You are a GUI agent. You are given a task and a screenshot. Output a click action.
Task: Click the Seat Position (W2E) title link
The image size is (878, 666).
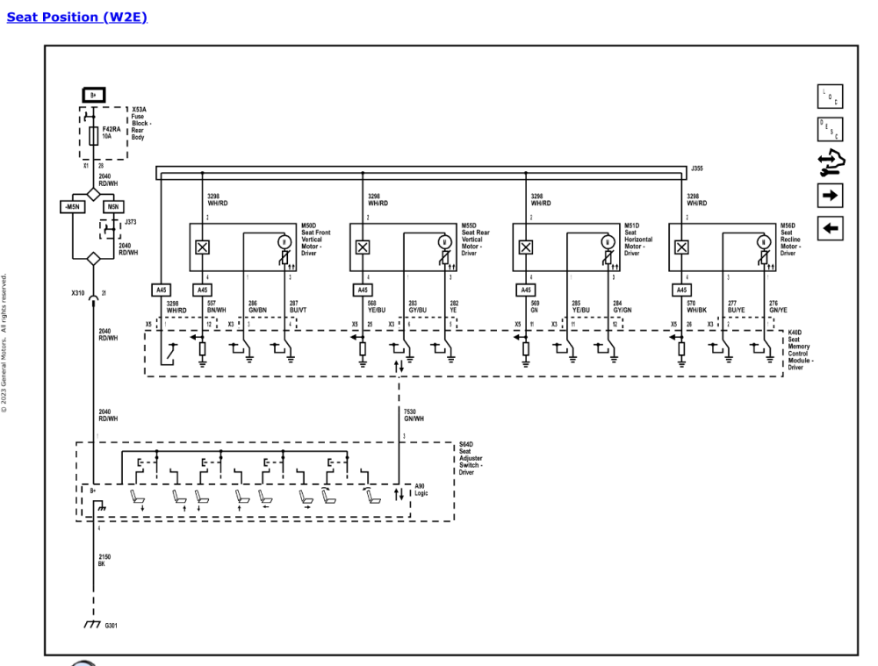click(x=76, y=17)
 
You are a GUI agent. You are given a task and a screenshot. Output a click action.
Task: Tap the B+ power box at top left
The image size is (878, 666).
click(x=94, y=94)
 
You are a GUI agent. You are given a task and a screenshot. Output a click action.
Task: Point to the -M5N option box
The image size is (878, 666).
click(x=73, y=207)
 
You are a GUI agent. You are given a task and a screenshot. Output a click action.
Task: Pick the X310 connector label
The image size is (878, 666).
click(x=78, y=293)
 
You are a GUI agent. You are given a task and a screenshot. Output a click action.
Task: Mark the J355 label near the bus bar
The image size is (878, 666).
click(x=697, y=168)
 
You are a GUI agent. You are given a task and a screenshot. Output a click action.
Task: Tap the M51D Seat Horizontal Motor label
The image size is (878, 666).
click(x=638, y=239)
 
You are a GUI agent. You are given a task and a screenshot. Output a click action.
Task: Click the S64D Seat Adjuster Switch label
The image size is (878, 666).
click(x=471, y=458)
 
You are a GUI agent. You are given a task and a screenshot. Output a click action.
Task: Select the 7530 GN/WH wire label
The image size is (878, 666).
click(x=414, y=414)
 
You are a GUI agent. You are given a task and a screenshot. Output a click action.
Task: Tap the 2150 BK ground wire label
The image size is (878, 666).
click(x=104, y=560)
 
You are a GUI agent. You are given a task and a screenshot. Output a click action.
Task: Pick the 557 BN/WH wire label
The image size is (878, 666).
click(x=217, y=306)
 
